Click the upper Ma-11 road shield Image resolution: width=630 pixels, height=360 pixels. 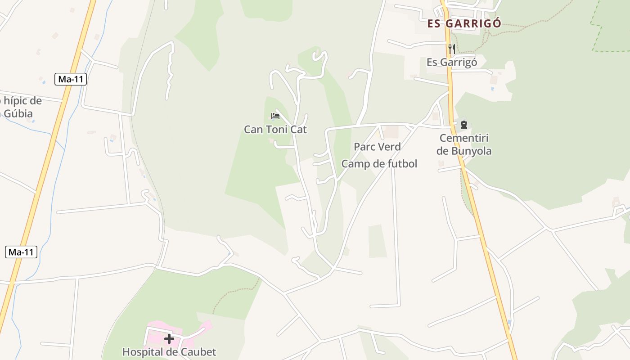(x=71, y=79)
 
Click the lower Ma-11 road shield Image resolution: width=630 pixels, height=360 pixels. (x=21, y=252)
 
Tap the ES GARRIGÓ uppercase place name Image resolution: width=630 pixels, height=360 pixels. (x=464, y=24)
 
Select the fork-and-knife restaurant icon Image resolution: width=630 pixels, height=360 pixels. (x=451, y=49)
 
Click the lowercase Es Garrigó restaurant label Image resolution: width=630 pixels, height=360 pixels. (x=451, y=62)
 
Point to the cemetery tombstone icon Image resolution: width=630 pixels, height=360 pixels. (x=463, y=125)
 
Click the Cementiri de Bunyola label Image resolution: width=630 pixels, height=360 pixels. (x=464, y=144)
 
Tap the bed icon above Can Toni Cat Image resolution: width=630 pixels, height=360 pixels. (x=275, y=116)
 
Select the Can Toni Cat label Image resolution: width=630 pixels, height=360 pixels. (x=275, y=130)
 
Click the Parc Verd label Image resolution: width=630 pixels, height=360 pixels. (x=377, y=147)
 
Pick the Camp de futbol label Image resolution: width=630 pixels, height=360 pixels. (x=379, y=164)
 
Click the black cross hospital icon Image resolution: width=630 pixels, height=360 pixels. (x=169, y=338)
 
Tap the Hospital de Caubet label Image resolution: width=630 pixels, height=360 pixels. (x=169, y=352)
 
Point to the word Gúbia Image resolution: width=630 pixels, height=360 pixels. (x=18, y=113)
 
